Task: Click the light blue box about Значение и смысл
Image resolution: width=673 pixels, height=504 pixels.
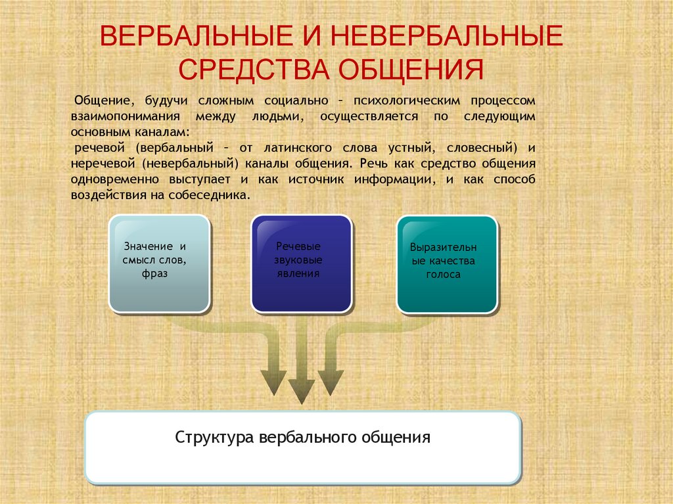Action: tap(159, 263)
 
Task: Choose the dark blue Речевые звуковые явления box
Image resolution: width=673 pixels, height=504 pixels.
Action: tap(301, 263)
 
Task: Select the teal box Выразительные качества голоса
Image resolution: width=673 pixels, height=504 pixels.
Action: tap(447, 264)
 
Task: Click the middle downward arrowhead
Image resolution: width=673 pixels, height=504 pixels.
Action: tap(301, 390)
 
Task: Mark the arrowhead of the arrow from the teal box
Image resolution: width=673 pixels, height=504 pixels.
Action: tap(331, 382)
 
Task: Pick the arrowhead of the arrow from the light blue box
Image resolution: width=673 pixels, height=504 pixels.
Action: tap(273, 382)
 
